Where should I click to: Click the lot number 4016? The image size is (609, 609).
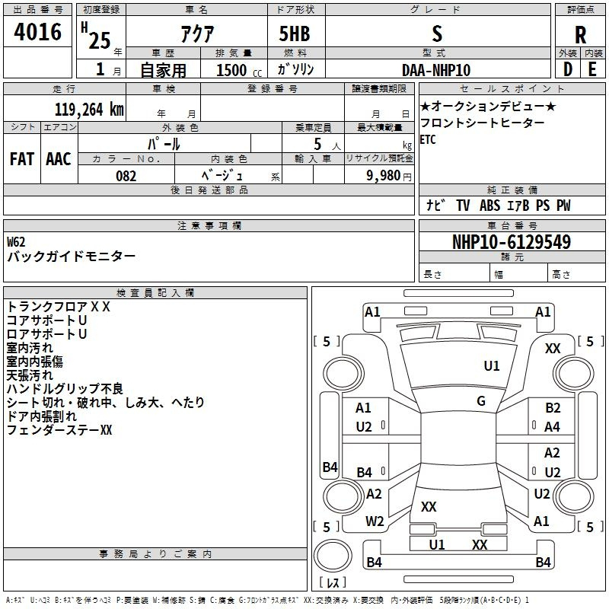point(37,33)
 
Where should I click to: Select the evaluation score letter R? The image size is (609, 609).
point(580,34)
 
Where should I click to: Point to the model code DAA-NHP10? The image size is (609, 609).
point(436,70)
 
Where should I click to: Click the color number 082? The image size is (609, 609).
point(126,176)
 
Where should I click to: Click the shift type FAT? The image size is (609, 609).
point(22,159)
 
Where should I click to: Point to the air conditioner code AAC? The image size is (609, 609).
point(59,159)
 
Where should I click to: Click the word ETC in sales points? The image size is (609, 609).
point(428,140)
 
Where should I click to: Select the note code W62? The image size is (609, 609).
point(16,241)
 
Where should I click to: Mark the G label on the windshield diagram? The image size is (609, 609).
point(481,400)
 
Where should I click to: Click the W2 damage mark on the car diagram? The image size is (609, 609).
point(375,521)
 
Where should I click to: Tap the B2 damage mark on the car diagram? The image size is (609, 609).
point(553,409)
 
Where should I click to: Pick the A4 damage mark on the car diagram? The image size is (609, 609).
point(553,428)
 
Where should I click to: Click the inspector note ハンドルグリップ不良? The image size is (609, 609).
point(65,389)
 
